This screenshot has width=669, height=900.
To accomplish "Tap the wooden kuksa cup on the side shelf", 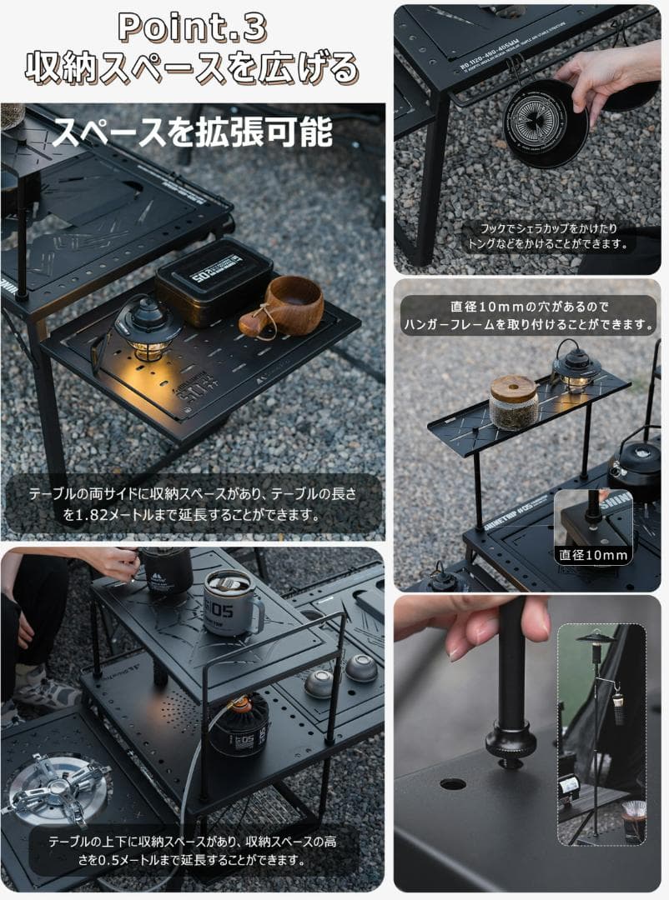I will tap(284, 305).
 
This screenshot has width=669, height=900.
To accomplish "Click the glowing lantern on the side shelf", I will tap(148, 330).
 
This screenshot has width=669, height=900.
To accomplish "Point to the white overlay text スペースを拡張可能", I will tap(193, 132).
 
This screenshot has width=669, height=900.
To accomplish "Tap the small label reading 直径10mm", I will tap(594, 554).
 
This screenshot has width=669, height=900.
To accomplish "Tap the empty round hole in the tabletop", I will tap(453, 784).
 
